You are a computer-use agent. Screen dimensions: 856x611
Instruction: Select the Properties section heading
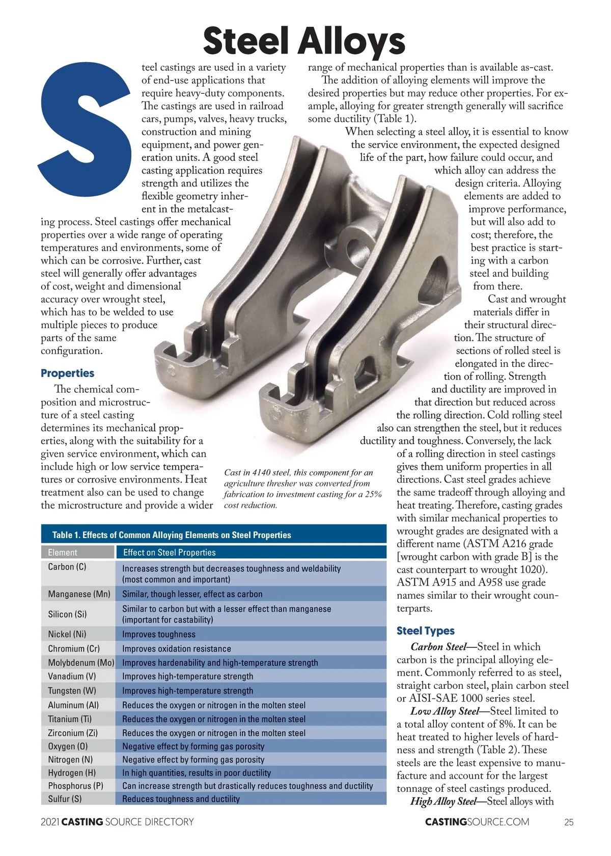click(x=68, y=373)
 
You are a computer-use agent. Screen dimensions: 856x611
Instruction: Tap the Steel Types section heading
click(x=426, y=631)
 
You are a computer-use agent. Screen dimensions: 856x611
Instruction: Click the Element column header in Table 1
click(x=63, y=552)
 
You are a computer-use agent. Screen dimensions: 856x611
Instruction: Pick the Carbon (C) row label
click(x=67, y=567)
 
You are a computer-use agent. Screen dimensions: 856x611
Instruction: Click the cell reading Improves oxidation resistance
click(x=177, y=649)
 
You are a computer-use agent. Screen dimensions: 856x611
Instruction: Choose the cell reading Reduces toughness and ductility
click(x=181, y=799)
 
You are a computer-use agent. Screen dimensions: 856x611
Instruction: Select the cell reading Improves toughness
click(x=159, y=634)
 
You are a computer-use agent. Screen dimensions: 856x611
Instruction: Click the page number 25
click(x=569, y=822)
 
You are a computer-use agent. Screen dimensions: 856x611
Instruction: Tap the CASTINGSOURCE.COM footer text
click(x=477, y=822)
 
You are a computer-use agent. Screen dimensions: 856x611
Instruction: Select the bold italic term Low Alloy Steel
click(x=445, y=711)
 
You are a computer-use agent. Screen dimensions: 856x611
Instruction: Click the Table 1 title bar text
click(x=172, y=535)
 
